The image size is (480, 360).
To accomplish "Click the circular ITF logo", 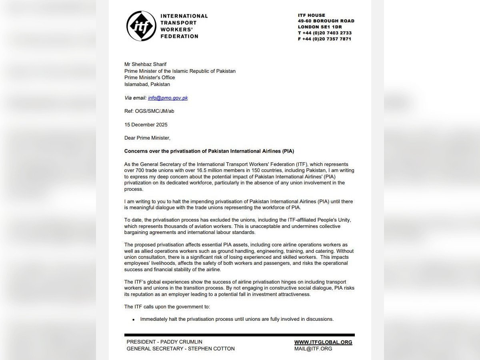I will (x=141, y=26).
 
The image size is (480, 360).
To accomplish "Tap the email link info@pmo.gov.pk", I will (x=168, y=98).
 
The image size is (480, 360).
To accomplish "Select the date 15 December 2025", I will (x=146, y=124).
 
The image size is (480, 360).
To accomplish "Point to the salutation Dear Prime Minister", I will (x=147, y=138).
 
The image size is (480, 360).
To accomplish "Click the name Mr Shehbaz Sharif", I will (x=146, y=64).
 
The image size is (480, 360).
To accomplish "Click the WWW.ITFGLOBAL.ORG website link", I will (x=323, y=342).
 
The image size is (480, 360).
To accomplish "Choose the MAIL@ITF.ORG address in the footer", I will (x=313, y=348).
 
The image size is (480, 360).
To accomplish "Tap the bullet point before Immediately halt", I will (x=133, y=320).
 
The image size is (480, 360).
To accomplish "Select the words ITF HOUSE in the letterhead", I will (x=312, y=15).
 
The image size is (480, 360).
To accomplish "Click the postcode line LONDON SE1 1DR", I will (x=320, y=27).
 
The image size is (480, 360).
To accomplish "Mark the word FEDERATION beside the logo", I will (x=179, y=36).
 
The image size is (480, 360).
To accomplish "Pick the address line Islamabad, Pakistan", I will (x=147, y=84).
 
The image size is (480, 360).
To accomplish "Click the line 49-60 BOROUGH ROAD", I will (x=326, y=21).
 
